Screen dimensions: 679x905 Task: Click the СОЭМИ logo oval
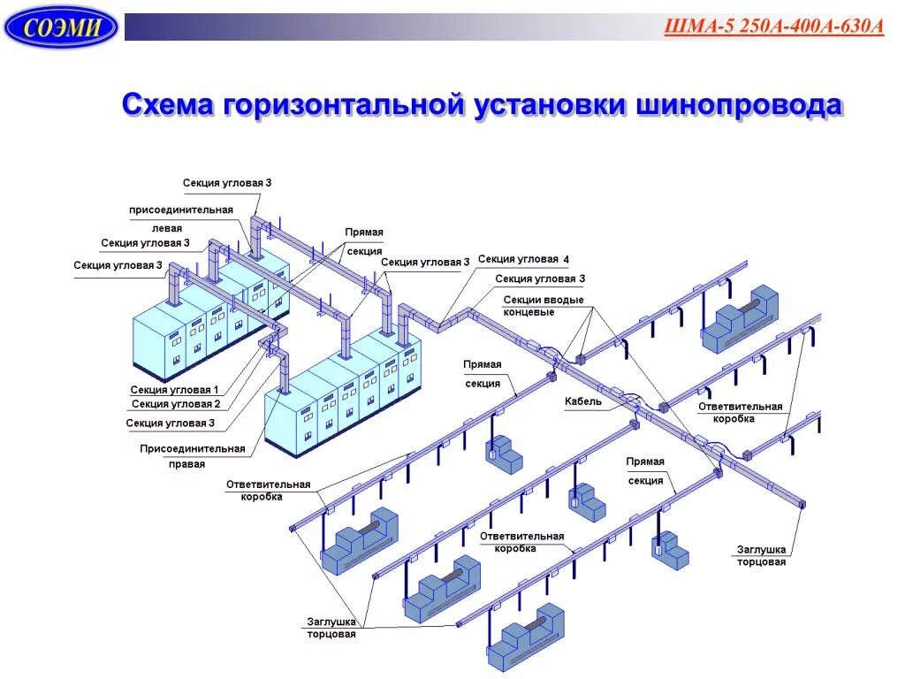tap(60, 27)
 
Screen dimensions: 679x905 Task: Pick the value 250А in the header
tap(742, 26)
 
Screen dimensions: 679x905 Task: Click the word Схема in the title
tap(167, 105)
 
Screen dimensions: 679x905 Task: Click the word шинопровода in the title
tap(737, 105)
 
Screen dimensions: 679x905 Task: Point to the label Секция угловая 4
tap(523, 259)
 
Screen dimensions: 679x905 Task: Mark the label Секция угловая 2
tap(175, 404)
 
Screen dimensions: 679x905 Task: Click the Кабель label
tap(583, 401)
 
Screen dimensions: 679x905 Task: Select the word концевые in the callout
tap(529, 312)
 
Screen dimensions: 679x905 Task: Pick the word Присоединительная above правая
tap(192, 448)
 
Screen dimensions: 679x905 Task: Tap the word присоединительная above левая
tap(181, 210)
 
